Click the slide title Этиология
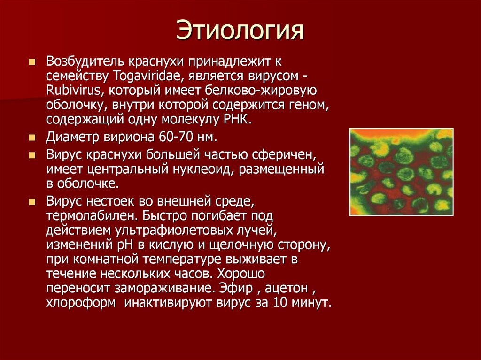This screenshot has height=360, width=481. point(240,31)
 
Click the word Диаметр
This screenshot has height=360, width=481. point(68,138)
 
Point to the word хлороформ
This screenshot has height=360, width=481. point(80,302)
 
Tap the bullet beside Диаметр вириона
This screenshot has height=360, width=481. point(32,138)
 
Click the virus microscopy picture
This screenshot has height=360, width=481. point(401,172)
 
